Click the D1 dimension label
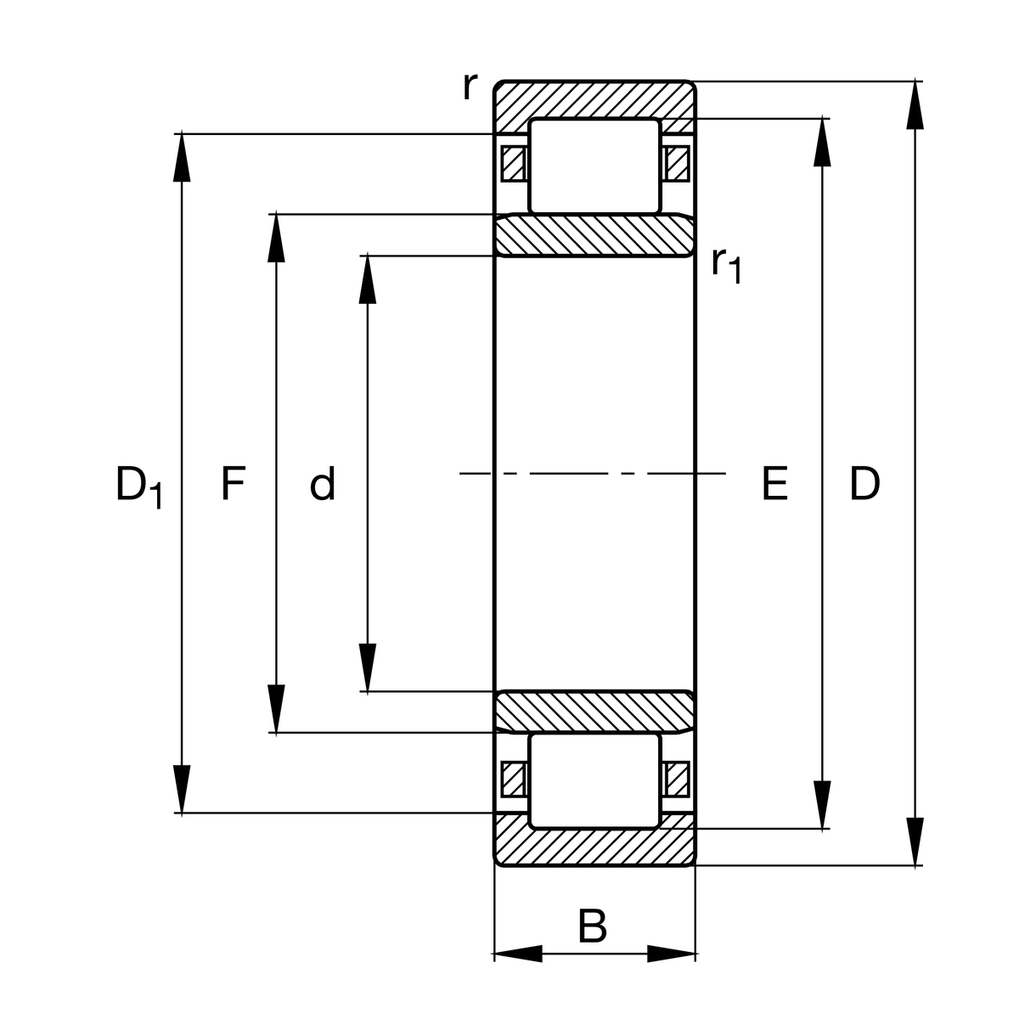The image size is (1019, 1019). coord(138,487)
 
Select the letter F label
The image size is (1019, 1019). coord(233,484)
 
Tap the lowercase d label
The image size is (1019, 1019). coord(323,485)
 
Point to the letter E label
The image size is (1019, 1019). coord(774,485)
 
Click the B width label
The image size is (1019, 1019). coord(592,926)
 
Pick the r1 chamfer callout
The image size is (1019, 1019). coord(727,264)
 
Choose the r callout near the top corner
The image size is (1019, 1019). coord(470,86)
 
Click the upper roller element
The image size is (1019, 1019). coord(594,166)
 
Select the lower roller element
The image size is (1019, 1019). coord(594,780)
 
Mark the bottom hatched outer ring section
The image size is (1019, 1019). coord(594,848)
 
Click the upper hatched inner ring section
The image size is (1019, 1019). coord(594,235)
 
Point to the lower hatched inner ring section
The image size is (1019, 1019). coord(594,712)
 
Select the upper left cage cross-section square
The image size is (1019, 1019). coord(512,164)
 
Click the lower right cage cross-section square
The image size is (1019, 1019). coord(677,779)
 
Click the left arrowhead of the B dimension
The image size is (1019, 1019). coord(518,954)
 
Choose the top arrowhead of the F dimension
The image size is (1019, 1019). coord(275,239)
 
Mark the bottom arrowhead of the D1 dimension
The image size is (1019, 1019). coord(182,790)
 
